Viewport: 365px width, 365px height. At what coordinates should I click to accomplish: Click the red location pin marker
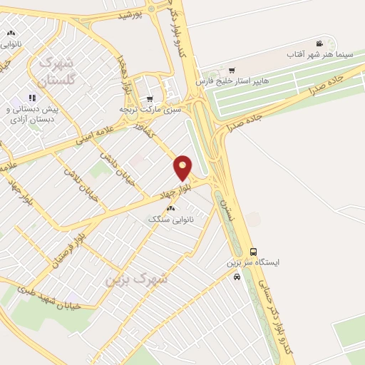pos(183,168)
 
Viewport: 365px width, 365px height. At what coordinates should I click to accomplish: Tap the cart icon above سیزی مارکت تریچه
pos(149,99)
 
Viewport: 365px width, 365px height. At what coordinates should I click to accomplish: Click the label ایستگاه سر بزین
pos(253,262)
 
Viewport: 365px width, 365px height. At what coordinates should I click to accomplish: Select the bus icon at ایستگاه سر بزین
pos(254,251)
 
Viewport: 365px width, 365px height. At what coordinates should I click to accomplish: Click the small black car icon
pos(237,277)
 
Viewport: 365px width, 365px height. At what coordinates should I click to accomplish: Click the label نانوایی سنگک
pos(171,219)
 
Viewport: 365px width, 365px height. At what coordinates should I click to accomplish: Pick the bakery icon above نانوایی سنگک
pos(170,208)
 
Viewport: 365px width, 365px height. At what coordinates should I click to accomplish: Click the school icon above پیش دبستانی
pos(31,98)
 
